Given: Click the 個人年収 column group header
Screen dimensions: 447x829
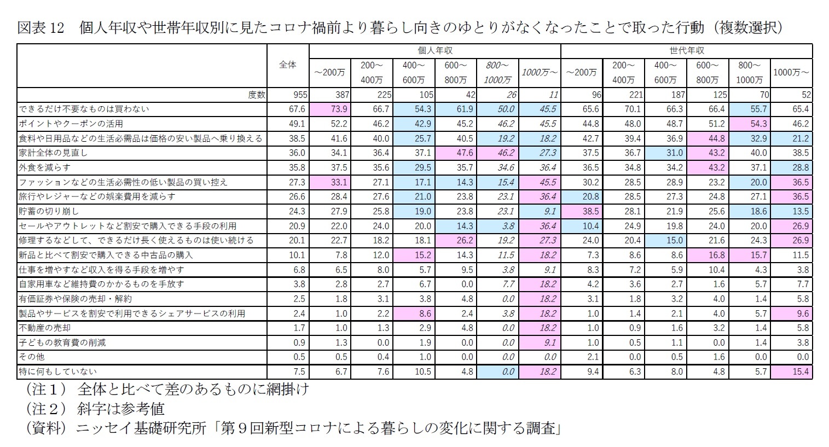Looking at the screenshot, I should pos(434,50).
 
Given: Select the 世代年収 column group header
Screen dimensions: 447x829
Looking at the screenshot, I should pos(686,50).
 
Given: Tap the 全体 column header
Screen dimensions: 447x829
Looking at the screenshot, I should pos(288,65).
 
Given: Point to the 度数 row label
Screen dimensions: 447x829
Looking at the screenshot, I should pos(256,95).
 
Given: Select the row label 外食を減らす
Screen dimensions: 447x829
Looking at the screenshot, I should pos(45,167).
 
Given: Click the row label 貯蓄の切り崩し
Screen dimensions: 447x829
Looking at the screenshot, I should pos(49,211).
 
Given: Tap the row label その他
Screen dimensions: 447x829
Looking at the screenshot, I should pos(32,357).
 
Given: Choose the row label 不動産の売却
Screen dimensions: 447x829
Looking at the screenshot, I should pos(45,328).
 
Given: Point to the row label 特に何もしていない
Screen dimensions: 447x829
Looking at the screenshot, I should pos(57,372).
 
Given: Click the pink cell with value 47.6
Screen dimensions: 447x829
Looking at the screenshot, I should pos(455,153).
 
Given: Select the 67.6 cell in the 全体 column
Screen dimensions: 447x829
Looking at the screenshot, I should pos(296,109).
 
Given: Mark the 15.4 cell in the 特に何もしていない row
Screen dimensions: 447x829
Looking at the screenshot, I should pos(791,372).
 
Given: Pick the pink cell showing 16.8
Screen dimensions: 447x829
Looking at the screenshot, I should pos(708,255).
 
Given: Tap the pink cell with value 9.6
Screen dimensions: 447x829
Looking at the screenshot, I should pos(791,314).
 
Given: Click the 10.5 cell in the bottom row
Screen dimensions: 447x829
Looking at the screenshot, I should pos(414,372).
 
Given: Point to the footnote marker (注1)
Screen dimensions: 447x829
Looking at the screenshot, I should pos(46,390).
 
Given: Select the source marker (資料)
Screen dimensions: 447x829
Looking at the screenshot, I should pos(46,428).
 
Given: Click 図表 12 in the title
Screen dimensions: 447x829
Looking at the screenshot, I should pos(42,27).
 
